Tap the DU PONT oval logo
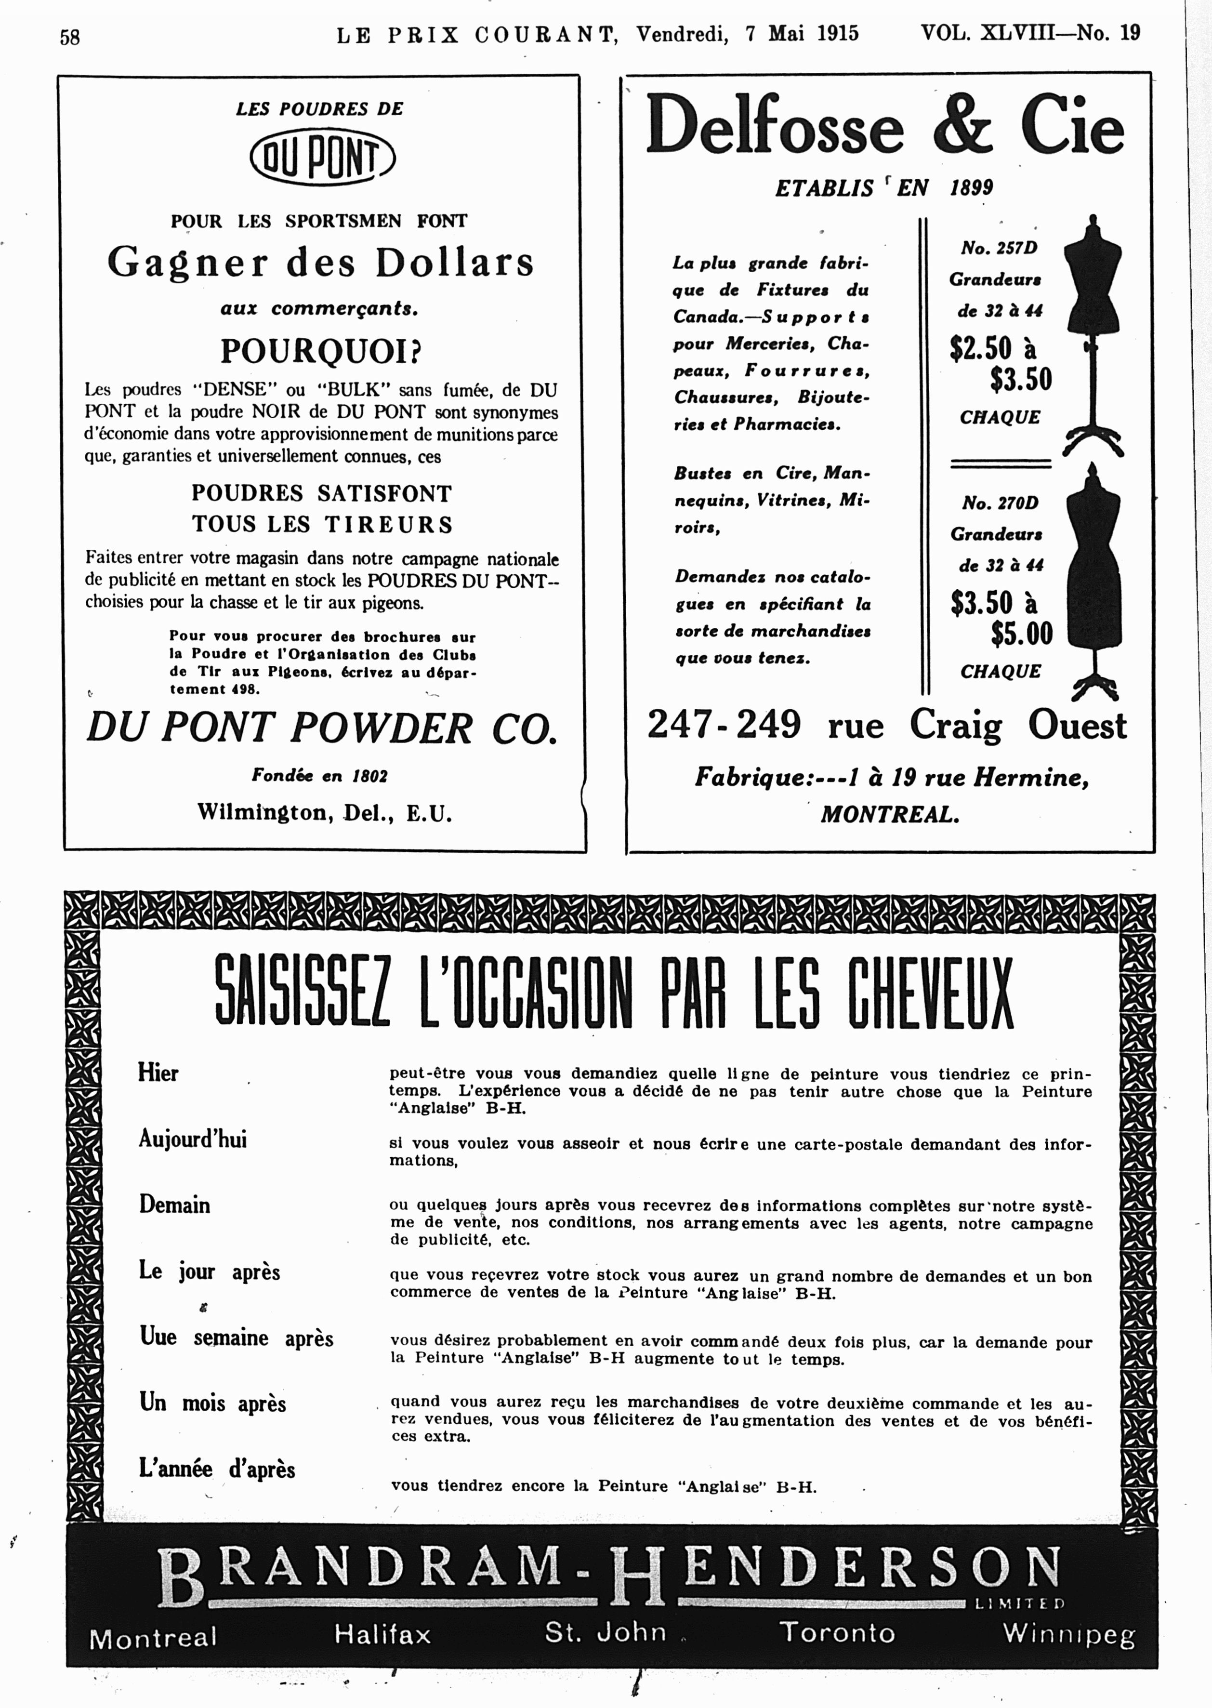tap(322, 158)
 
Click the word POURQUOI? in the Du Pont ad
tap(320, 351)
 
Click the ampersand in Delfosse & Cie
tap(963, 125)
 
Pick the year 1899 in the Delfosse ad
tap(971, 187)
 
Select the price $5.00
tap(1021, 634)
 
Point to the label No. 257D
tap(999, 248)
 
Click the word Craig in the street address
tap(955, 725)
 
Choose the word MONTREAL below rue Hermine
tap(890, 814)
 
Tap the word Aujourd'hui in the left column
tap(193, 1139)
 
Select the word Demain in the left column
tap(175, 1204)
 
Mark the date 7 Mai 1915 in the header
tap(802, 34)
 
